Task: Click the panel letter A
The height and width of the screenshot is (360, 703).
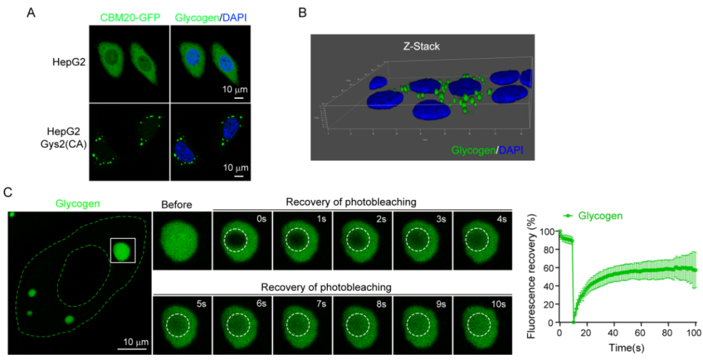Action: click(x=31, y=12)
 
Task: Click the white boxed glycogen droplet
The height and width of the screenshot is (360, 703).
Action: click(x=123, y=250)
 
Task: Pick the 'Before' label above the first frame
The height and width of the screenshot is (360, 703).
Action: click(x=177, y=205)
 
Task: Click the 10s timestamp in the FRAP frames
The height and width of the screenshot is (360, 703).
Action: click(x=502, y=303)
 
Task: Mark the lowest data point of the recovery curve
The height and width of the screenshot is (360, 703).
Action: click(x=573, y=322)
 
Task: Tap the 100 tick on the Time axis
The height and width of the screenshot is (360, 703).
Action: click(x=695, y=333)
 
